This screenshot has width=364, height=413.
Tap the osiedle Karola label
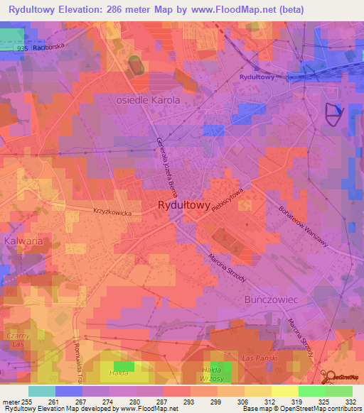pos(148,101)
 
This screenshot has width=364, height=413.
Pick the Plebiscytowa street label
pos(228,204)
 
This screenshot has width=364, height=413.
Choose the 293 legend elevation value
pos(189,402)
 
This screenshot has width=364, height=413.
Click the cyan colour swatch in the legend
pos(42,391)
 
